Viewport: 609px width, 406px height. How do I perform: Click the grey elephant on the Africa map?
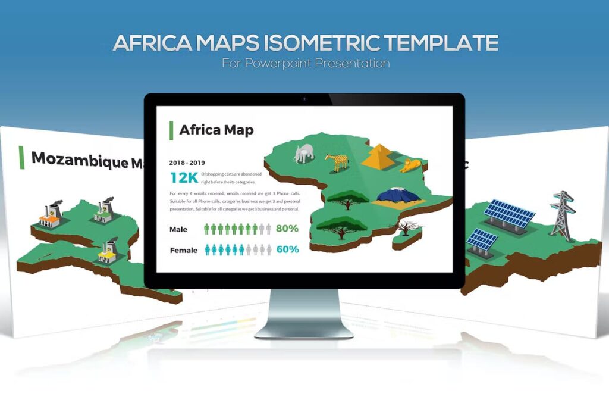tap(303, 153)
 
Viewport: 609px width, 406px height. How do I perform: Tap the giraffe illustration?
tap(337, 161)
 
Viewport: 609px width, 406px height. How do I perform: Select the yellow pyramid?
tap(379, 156)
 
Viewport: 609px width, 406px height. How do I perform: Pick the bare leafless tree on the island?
tap(408, 227)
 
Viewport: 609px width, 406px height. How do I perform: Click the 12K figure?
tap(183, 177)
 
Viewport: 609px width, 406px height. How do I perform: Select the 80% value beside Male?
tap(287, 229)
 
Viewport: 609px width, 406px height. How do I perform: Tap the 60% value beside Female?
tap(287, 249)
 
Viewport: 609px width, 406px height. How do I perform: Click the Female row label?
tap(183, 250)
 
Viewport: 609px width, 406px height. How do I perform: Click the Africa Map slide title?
tap(216, 130)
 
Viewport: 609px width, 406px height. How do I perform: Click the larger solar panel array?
tap(508, 213)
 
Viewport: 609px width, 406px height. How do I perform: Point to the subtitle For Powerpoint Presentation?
tap(306, 63)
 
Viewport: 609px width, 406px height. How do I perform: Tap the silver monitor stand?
tap(304, 316)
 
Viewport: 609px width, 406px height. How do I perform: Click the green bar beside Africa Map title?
tap(171, 130)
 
